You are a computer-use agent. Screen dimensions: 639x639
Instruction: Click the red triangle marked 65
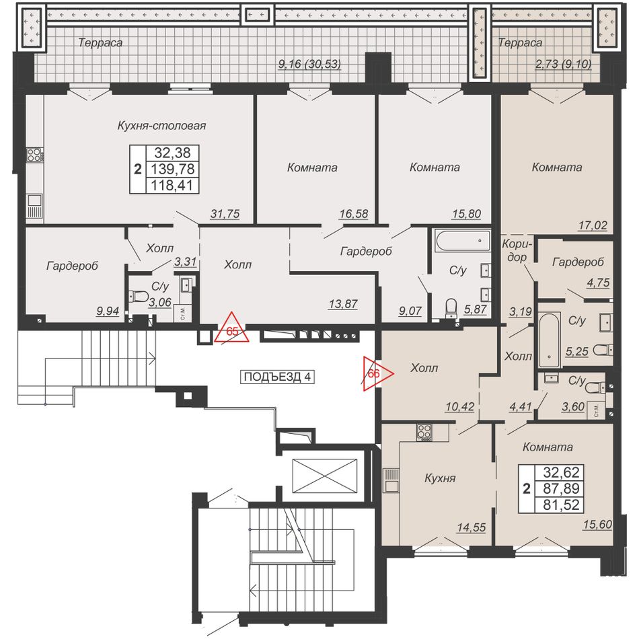[x=232, y=328]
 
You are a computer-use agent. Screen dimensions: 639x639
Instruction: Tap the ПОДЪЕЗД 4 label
[x=277, y=377]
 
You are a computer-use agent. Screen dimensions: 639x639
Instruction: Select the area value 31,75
[x=225, y=213]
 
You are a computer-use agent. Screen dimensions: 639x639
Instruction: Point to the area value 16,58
[x=354, y=213]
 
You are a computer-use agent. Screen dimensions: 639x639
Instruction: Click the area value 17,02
[x=593, y=225]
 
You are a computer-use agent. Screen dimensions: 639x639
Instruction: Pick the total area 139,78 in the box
[x=173, y=169]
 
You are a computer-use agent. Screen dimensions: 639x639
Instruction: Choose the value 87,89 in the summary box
[x=561, y=488]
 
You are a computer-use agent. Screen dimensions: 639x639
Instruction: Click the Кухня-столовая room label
[x=161, y=126]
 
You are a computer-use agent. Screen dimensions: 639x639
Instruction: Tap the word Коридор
[x=517, y=251]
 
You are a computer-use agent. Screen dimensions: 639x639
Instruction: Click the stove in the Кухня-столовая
[x=34, y=155]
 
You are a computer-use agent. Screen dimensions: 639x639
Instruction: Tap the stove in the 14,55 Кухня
[x=424, y=433]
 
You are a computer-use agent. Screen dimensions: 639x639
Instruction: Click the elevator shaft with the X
[x=325, y=476]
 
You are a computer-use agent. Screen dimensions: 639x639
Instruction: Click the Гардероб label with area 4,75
[x=578, y=262]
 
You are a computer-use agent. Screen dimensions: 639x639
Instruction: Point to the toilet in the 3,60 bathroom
[x=596, y=387]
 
